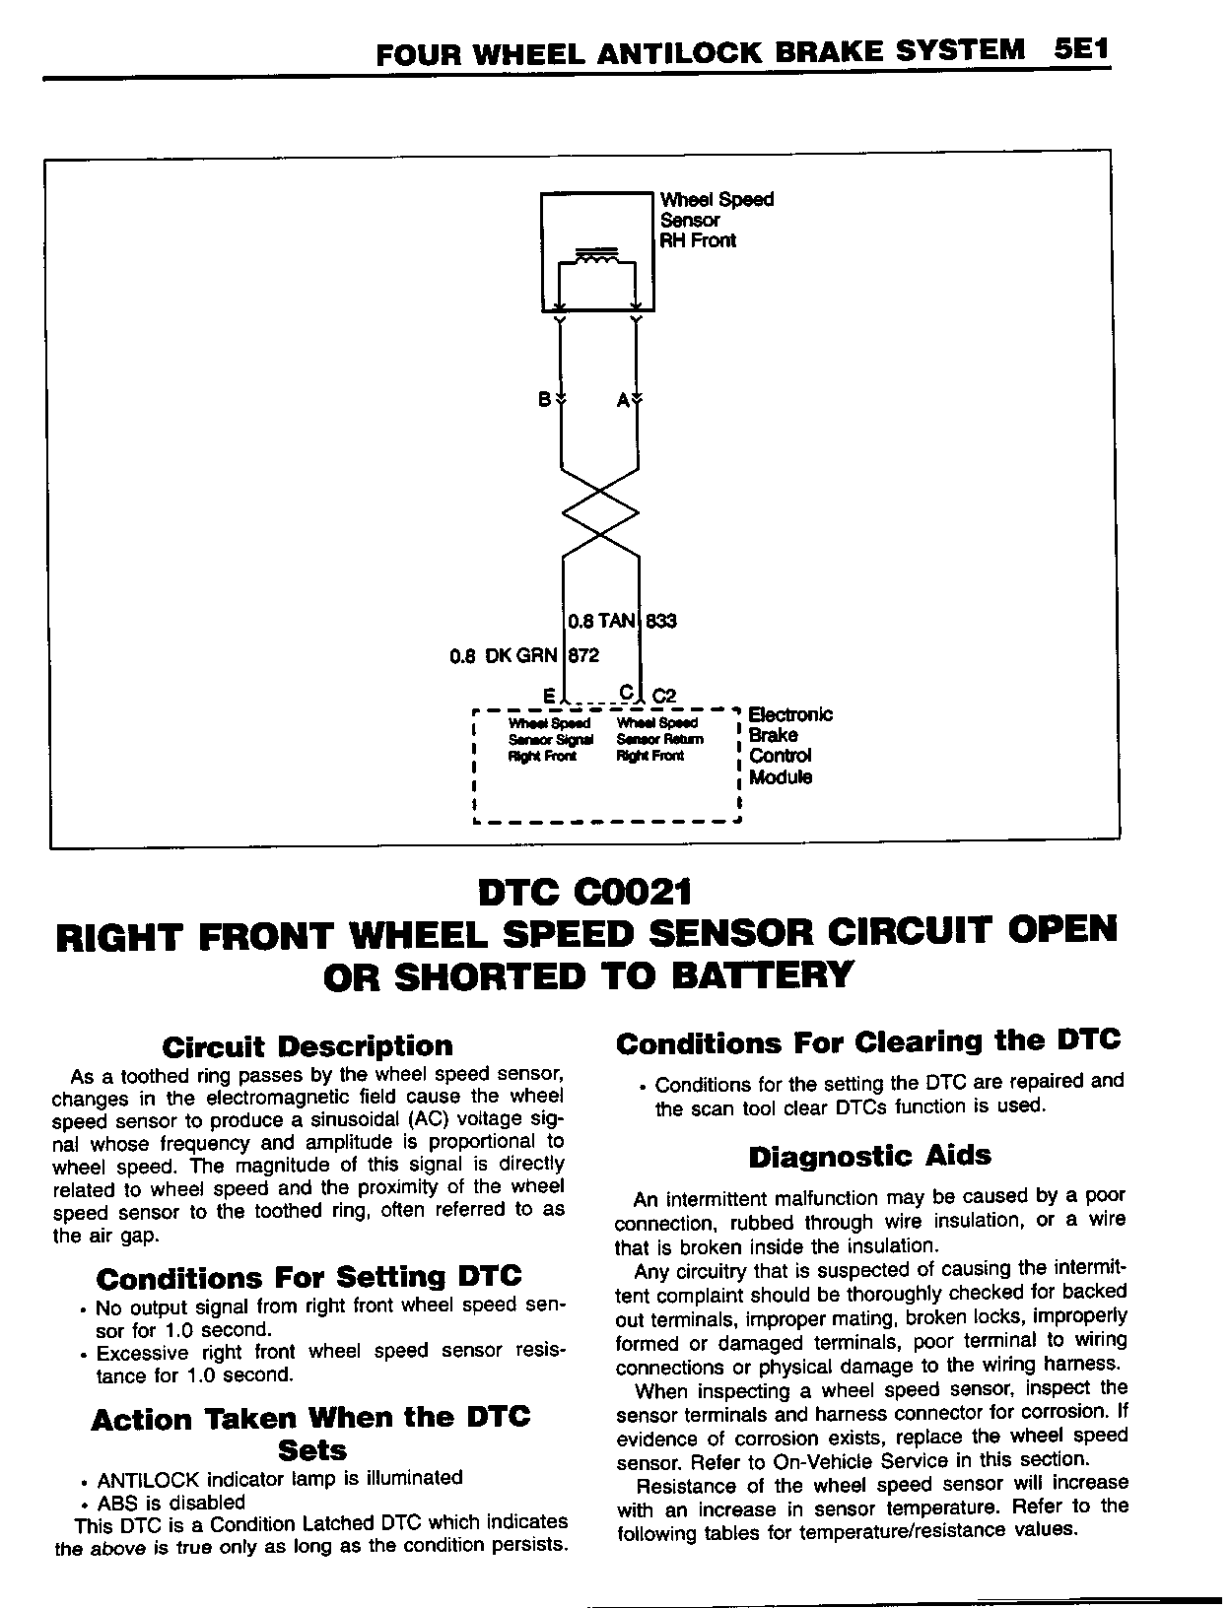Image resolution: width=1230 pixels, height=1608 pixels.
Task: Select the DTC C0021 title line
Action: (x=584, y=893)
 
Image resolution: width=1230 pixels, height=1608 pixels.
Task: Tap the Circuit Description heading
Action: (x=307, y=1045)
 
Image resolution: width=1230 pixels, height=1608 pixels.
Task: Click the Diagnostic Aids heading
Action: (x=869, y=1156)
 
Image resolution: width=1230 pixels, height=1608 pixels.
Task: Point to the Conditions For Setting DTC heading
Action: (x=308, y=1278)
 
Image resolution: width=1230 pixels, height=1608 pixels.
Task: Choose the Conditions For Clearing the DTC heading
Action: (x=868, y=1041)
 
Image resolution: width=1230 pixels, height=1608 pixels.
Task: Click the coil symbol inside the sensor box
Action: (x=597, y=258)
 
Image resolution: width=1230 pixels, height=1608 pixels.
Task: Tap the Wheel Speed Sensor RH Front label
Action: (x=717, y=220)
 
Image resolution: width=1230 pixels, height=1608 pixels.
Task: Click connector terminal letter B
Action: (x=544, y=400)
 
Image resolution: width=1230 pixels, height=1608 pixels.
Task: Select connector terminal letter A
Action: (x=623, y=400)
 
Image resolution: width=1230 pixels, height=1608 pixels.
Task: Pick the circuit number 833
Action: (x=661, y=621)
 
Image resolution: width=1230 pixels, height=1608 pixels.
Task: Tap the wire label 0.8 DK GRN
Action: (x=503, y=655)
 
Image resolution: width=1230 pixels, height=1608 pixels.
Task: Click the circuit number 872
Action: (x=582, y=655)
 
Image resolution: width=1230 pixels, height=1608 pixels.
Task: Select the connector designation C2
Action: (x=664, y=696)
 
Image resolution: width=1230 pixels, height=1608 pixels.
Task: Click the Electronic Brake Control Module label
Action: (x=789, y=745)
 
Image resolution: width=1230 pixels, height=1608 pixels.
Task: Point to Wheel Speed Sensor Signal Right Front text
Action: (x=550, y=740)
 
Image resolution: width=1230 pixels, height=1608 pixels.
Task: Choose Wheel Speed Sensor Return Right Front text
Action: (x=659, y=740)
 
